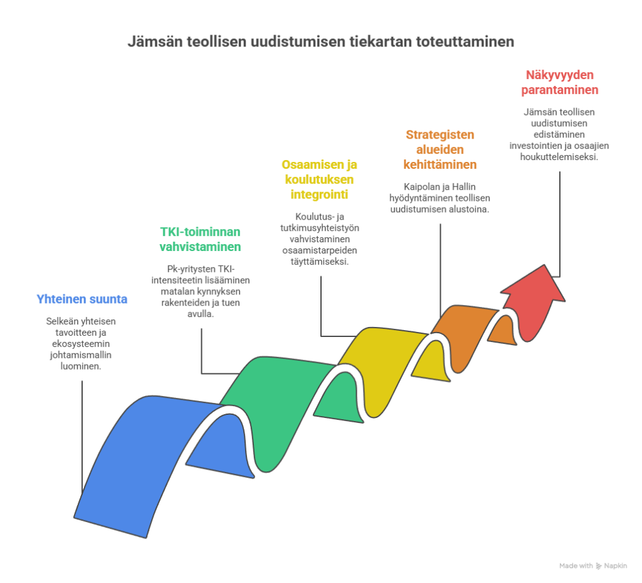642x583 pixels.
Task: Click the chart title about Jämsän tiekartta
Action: point(320,43)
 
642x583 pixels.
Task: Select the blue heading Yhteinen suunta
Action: point(82,299)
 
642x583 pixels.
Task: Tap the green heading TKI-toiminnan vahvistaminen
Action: point(200,239)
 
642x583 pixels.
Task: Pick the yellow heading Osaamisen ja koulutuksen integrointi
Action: point(320,179)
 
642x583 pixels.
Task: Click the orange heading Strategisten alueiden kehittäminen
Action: point(439,150)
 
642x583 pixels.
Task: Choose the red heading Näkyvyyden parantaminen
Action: point(559,82)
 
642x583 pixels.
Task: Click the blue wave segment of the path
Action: point(138,458)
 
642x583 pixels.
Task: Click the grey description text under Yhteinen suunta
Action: point(82,344)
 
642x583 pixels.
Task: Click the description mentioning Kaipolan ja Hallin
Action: point(439,198)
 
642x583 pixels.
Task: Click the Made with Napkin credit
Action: point(592,566)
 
